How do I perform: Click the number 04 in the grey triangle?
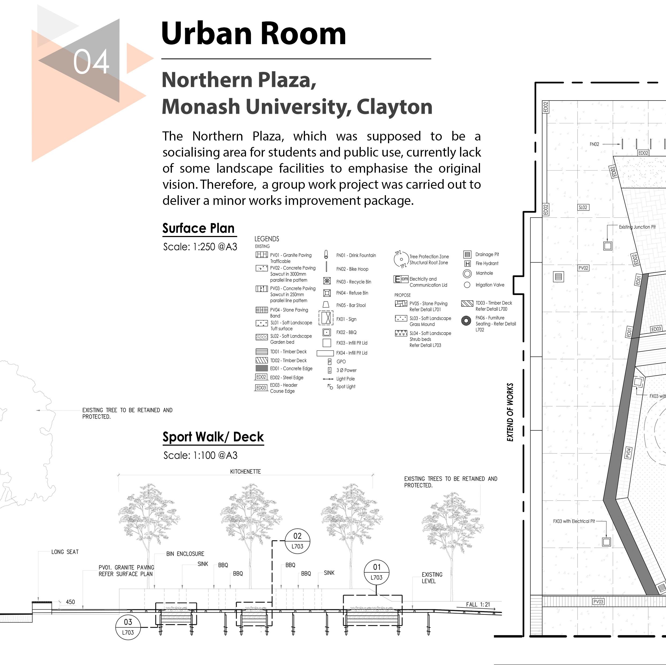tap(91, 61)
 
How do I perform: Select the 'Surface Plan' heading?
tap(199, 228)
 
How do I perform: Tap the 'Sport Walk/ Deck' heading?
tap(213, 437)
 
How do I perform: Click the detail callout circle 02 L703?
tap(297, 541)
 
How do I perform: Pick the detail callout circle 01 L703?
tap(377, 572)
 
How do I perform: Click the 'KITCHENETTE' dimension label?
tap(245, 471)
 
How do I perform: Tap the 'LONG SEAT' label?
tap(65, 552)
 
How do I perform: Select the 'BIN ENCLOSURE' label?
tap(185, 554)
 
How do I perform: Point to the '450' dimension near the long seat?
tap(70, 602)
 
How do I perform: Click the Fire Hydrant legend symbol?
tap(467, 264)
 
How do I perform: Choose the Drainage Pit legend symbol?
tap(467, 254)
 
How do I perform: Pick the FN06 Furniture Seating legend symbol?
tap(466, 321)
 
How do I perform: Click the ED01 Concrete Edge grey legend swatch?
tap(262, 368)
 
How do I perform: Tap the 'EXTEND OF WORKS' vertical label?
tap(510, 412)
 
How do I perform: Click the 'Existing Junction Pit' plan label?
tap(637, 227)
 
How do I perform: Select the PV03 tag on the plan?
tap(598, 601)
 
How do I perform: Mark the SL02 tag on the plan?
tap(583, 207)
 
